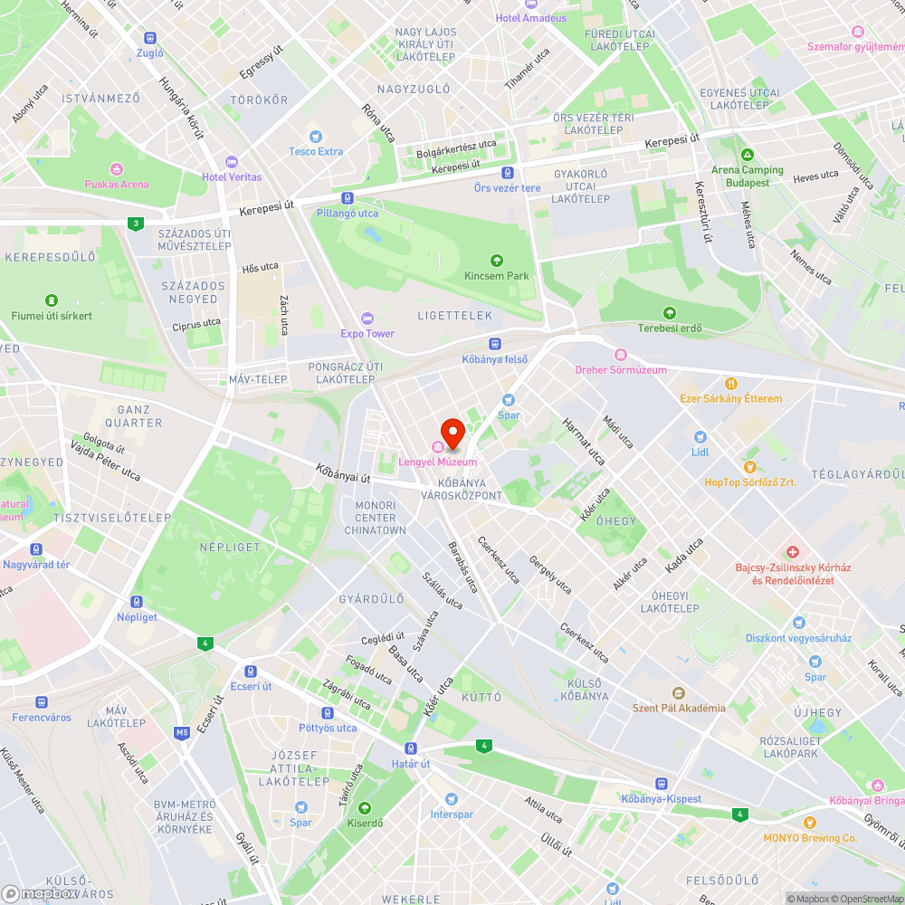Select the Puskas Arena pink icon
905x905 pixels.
point(116,169)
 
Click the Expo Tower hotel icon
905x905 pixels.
point(367,318)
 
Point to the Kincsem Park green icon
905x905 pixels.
point(496,261)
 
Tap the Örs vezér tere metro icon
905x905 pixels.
point(507,173)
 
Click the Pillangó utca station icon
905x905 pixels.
point(348,198)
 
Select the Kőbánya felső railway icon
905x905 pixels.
point(494,344)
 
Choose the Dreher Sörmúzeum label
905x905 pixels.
point(621,369)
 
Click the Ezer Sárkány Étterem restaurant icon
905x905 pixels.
point(731,383)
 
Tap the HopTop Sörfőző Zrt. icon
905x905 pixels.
point(750,467)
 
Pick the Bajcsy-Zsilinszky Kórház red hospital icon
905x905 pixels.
point(793,552)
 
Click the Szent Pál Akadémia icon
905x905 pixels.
point(678,693)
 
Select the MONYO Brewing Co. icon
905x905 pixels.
point(809,823)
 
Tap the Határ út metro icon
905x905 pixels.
point(411,748)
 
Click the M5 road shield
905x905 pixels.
point(183,732)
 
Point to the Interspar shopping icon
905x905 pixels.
point(451,799)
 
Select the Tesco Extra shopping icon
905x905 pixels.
point(316,136)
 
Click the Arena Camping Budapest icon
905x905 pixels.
point(747,155)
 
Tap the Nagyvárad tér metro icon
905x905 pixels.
point(36,549)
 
